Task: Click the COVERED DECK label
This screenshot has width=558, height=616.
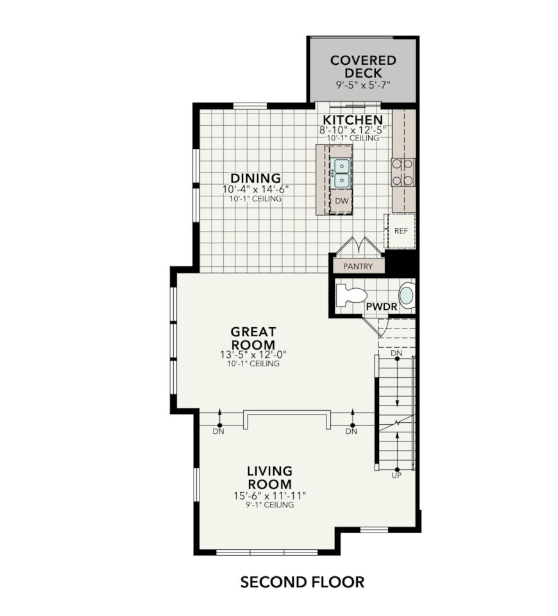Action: pos(363,66)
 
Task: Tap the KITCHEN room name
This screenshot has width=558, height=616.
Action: pos(353,120)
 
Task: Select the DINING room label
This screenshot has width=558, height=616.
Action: pos(256,178)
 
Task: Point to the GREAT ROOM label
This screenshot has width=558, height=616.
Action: pos(253,338)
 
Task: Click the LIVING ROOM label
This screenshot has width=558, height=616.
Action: pos(269,477)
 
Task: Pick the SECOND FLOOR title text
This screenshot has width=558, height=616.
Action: pos(302,582)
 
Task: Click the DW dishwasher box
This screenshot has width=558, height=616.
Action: pos(342,201)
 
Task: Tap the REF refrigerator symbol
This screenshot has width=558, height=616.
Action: pos(401,231)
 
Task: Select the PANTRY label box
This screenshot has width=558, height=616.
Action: pos(358,266)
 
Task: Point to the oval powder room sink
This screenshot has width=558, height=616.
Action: pos(407,296)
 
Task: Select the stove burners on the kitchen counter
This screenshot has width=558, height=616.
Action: pos(403,172)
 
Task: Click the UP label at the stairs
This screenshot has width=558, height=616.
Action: pos(396,475)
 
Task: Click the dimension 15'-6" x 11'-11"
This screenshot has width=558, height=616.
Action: pos(269,495)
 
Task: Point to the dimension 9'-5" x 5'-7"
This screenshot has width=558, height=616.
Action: pos(363,85)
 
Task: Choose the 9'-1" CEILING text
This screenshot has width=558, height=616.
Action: pos(269,505)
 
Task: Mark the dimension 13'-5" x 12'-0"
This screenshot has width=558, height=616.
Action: pos(253,354)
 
